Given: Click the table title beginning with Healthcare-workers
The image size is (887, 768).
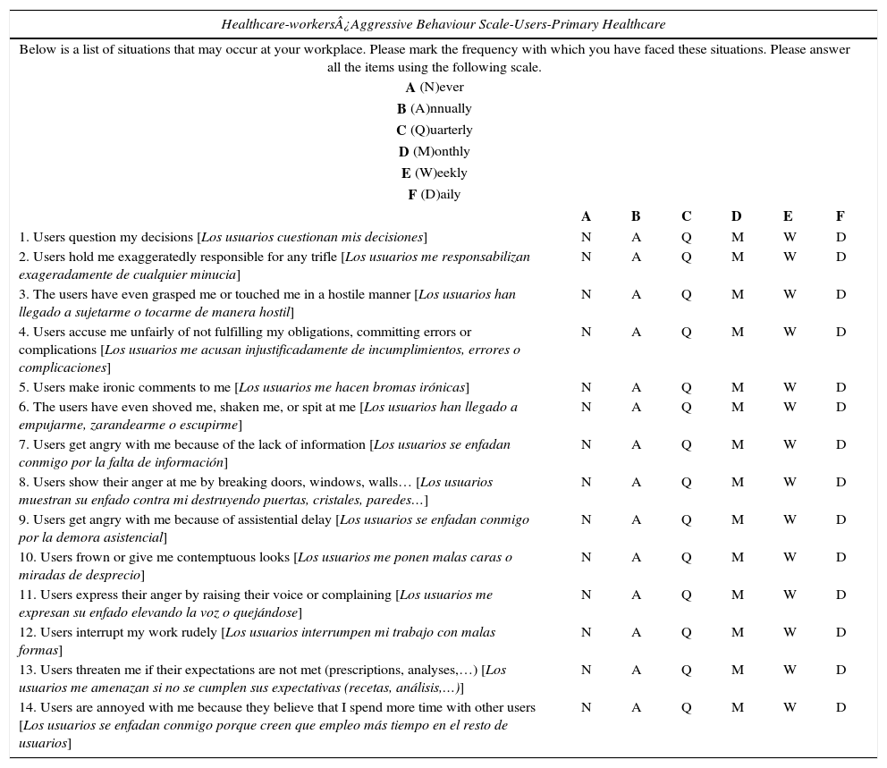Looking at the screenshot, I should [x=443, y=24].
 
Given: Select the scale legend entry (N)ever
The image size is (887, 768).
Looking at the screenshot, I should [x=435, y=88].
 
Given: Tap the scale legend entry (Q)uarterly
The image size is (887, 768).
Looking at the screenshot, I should [x=435, y=131].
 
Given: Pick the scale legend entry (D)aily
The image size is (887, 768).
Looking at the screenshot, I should [x=435, y=195].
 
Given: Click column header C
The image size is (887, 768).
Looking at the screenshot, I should [x=686, y=216].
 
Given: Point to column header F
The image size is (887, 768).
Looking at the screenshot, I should [x=840, y=216].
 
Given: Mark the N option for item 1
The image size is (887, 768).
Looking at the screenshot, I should [x=586, y=238].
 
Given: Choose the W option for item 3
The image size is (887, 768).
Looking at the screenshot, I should [x=790, y=295].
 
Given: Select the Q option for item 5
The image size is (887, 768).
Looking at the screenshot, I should [x=686, y=388].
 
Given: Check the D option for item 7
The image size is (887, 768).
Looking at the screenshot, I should [x=841, y=445].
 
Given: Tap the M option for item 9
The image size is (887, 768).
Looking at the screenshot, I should [x=737, y=520].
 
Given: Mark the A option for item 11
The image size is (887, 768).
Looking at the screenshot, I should [x=636, y=595].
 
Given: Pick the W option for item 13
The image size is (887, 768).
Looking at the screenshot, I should [x=790, y=671].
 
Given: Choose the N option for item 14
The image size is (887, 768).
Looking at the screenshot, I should [x=586, y=708].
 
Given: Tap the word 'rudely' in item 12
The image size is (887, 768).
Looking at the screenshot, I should [x=197, y=633].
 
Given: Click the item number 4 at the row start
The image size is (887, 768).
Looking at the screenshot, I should [x=23, y=333].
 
